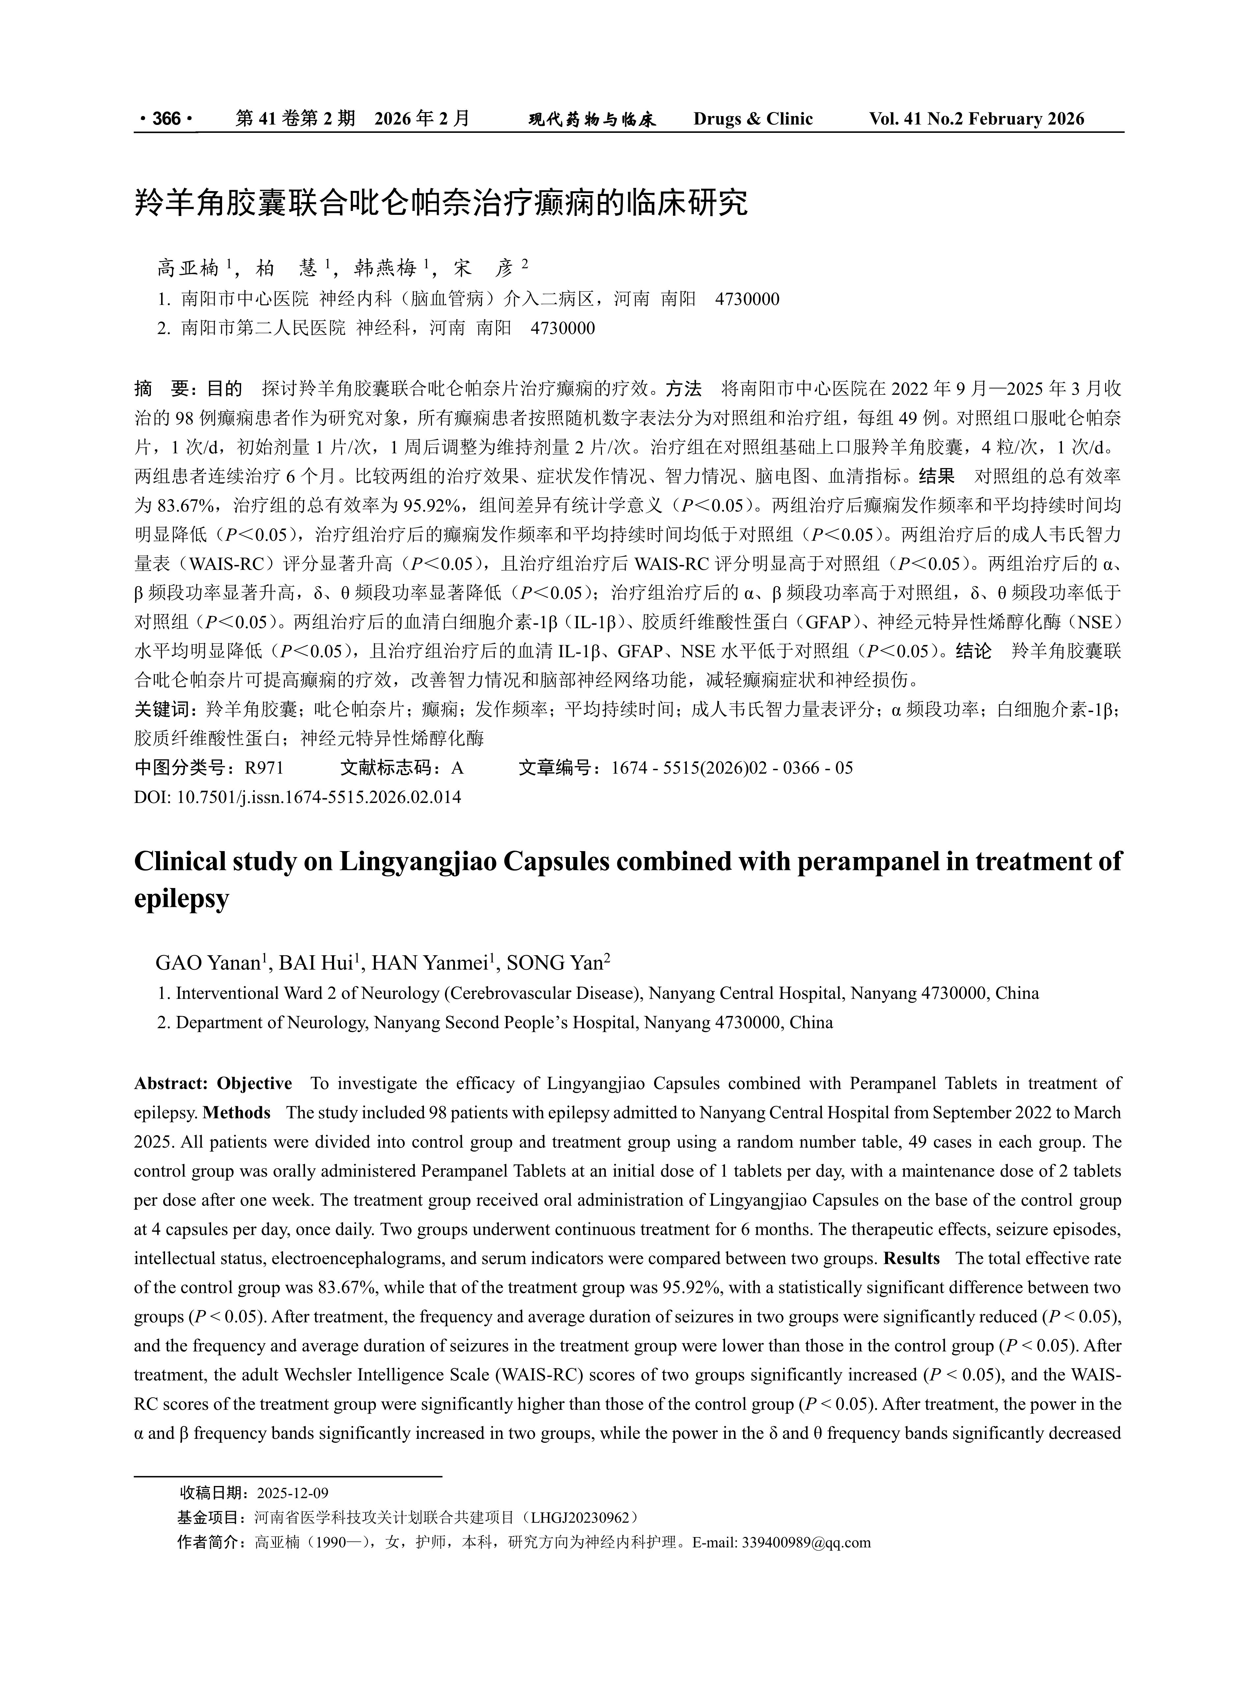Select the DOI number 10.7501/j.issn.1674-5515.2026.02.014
pos(319,797)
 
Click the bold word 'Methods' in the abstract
pos(237,1113)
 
